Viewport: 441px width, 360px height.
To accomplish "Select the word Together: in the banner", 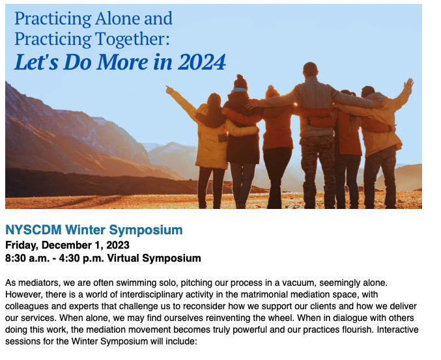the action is point(132,39).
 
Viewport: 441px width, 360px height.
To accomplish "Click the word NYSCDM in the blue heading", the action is point(33,230).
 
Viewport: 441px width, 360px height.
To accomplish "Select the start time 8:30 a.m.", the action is point(27,258).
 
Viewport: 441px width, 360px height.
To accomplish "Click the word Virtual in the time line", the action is point(122,258).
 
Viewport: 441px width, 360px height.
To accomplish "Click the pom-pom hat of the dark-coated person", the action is point(240,81).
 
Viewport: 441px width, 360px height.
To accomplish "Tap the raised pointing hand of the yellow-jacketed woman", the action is point(169,90).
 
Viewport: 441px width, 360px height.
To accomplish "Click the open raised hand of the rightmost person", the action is point(408,83).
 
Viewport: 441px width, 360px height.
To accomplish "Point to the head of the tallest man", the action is point(311,69).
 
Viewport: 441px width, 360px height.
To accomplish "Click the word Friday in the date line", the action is point(22,245).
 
